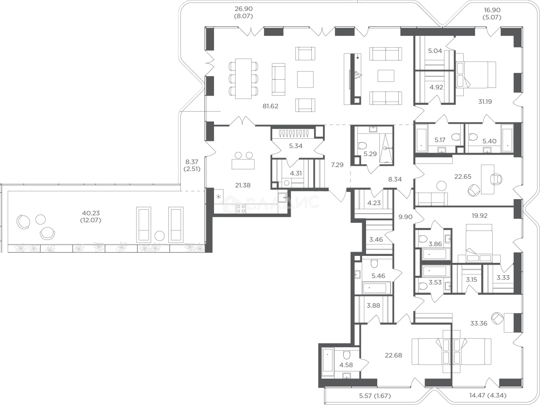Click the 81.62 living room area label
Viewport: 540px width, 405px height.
270,106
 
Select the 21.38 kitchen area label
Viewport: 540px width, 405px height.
242,185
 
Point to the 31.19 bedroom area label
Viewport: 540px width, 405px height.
485,101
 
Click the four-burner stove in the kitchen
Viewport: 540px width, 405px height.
241,209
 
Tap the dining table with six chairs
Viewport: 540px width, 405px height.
243,78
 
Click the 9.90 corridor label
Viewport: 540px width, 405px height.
405,217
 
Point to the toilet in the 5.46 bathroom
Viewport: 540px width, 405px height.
374,264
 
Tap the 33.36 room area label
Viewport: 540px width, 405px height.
479,323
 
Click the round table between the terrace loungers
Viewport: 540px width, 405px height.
159,236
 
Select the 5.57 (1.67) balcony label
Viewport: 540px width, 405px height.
375,396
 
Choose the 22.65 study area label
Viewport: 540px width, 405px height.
463,176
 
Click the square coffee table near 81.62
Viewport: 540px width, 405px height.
305,79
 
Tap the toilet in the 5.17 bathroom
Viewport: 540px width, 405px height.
456,137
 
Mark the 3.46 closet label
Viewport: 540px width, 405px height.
376,240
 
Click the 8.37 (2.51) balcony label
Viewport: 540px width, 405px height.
192,165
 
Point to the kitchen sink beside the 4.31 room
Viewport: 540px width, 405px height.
282,197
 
